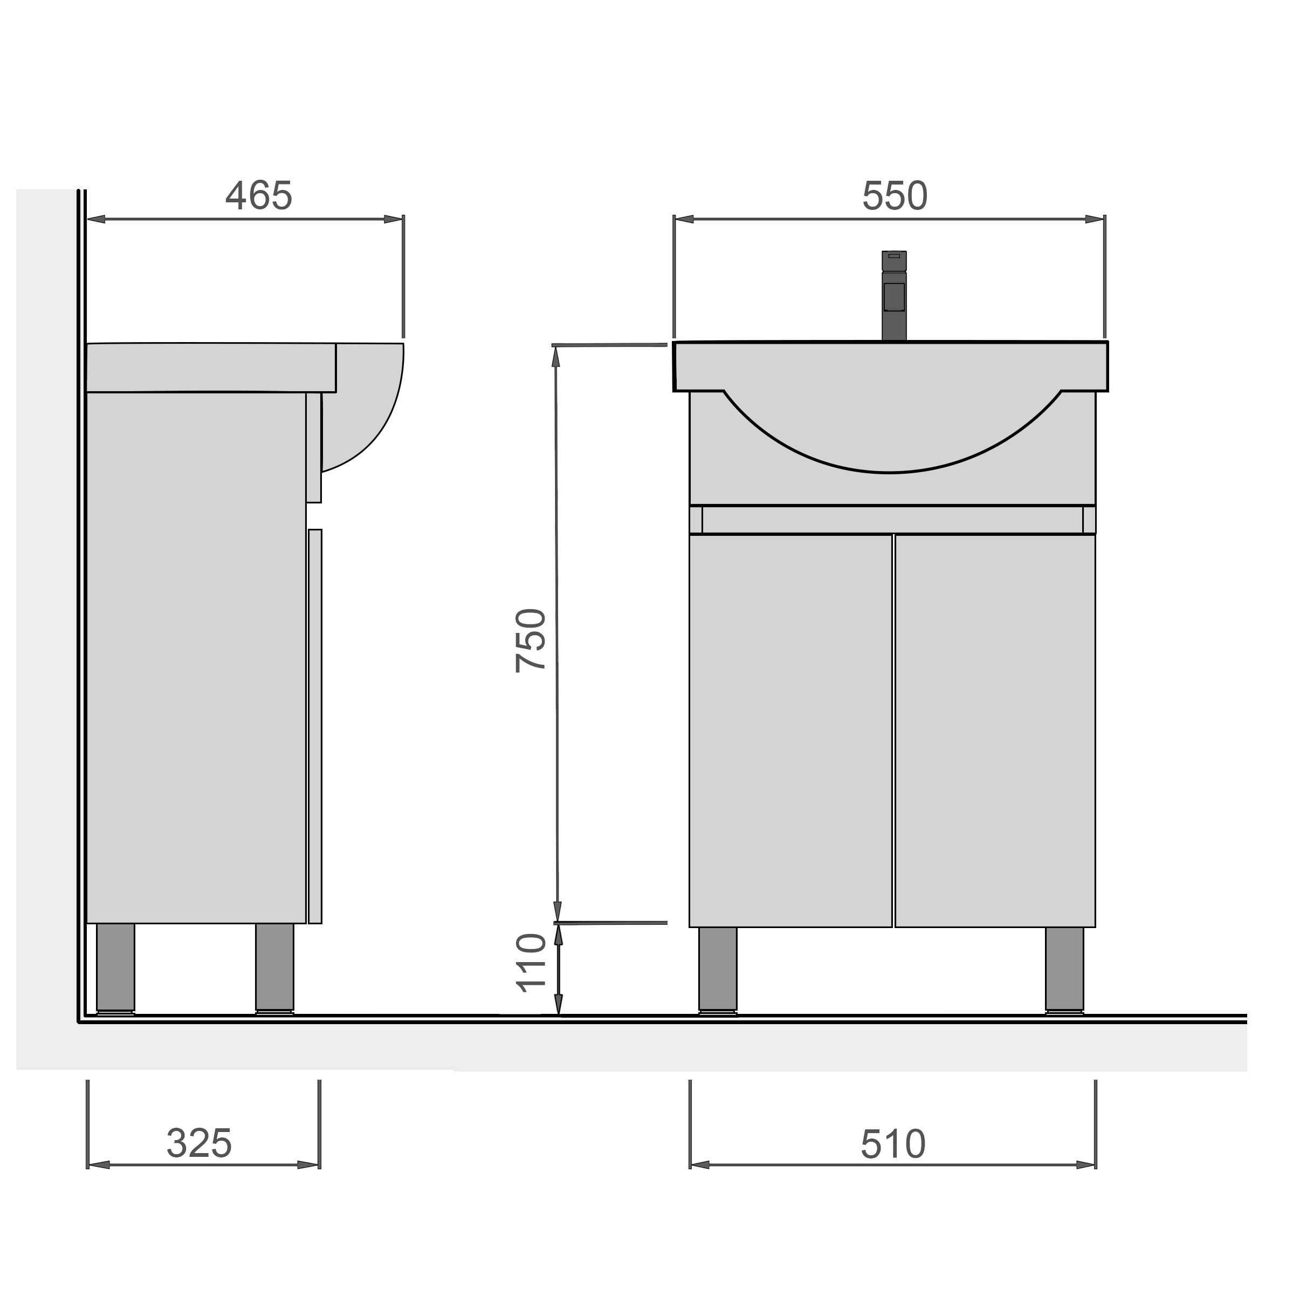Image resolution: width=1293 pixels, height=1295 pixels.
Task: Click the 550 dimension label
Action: (895, 196)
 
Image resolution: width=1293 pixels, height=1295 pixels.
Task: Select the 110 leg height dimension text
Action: (531, 963)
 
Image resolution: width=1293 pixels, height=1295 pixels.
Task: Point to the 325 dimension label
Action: (199, 1143)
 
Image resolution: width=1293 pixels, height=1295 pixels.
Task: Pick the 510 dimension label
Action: (893, 1144)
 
